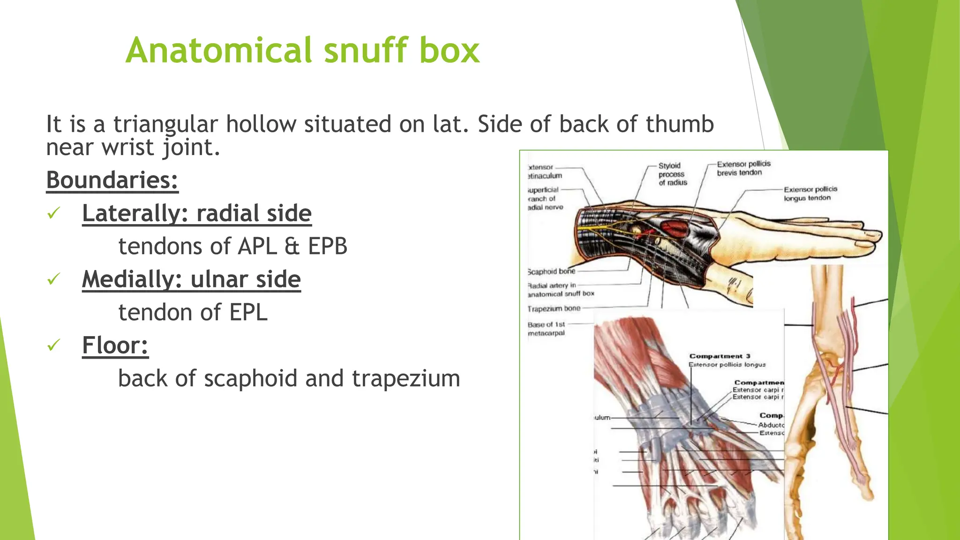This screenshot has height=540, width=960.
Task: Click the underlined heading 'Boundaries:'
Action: coord(112,180)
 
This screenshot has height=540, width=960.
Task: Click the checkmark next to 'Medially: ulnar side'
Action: coord(54,279)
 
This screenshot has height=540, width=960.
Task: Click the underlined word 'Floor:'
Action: coord(115,345)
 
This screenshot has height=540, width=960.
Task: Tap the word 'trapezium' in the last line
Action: coord(405,378)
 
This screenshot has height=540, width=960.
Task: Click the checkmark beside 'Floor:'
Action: coord(54,345)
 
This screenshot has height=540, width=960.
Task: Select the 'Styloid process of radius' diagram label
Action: coord(672,174)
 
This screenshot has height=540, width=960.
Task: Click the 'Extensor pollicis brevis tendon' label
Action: coord(743,168)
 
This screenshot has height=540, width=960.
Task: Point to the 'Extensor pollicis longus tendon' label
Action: coord(810,194)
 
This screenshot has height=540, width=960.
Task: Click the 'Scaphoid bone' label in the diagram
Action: coord(551,271)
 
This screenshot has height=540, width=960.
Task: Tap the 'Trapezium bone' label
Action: coord(554,308)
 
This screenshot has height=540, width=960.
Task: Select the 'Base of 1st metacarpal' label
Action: coord(547,329)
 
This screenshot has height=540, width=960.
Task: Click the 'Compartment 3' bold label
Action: coord(719,356)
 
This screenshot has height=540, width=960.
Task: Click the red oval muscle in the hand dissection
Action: coord(674,228)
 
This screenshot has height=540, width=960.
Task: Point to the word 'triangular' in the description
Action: coord(165,125)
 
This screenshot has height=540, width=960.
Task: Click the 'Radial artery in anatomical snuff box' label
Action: coord(560,290)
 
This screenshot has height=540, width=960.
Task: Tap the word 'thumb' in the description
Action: coord(679,125)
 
